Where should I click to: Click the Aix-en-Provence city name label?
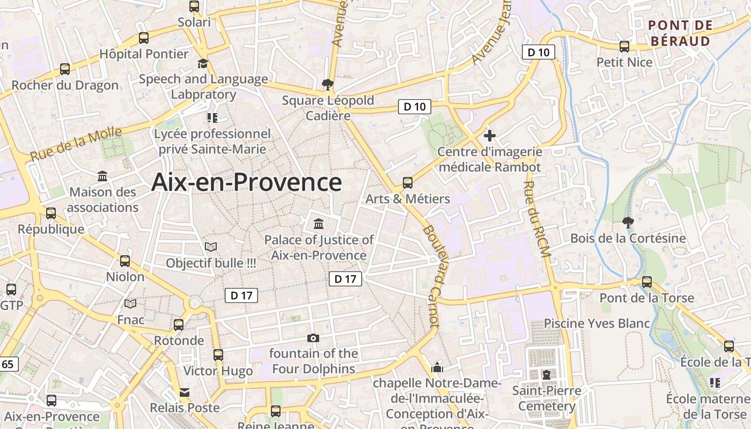[246, 182]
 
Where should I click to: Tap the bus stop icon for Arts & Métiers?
[408, 183]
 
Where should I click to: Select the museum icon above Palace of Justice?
[319, 223]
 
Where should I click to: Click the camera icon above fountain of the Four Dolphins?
[313, 338]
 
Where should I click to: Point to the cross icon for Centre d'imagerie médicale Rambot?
[489, 136]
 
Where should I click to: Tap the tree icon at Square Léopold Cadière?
[327, 84]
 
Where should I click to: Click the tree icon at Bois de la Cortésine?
[628, 222]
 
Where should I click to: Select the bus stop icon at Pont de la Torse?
[647, 282]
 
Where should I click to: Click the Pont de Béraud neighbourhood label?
[680, 33]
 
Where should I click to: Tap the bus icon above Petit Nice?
[624, 47]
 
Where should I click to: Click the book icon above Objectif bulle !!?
[211, 247]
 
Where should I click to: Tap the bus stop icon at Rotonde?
[179, 324]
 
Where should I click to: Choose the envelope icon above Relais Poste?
[185, 392]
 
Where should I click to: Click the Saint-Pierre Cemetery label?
[546, 398]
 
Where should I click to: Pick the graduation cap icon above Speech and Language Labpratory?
[203, 63]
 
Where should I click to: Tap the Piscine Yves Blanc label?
[597, 323]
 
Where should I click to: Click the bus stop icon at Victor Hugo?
[218, 354]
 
